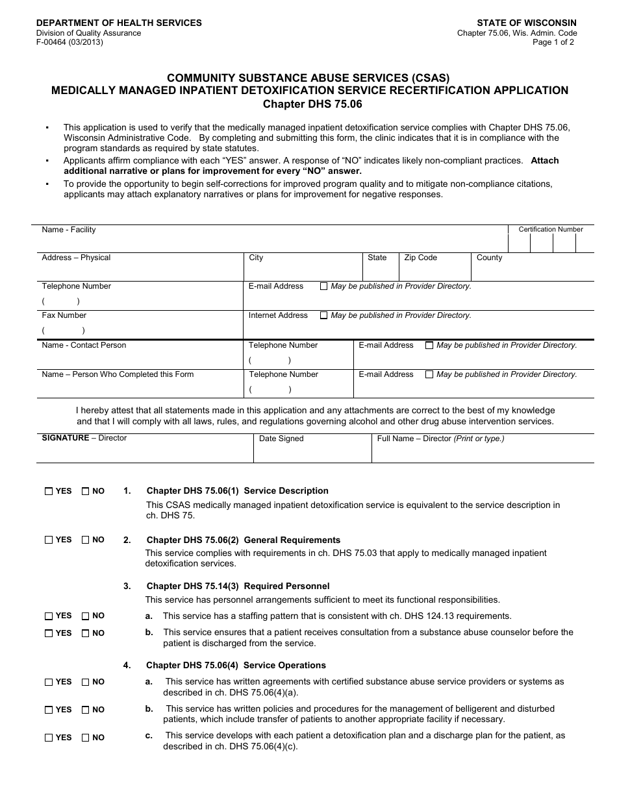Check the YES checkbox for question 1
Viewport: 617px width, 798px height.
49,491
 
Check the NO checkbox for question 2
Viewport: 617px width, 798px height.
85,540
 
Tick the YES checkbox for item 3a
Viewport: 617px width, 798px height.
49,616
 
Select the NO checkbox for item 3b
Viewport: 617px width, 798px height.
85,633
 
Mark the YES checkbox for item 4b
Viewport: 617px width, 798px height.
49,710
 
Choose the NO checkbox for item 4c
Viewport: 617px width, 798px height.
85,738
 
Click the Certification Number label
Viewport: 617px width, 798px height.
550,230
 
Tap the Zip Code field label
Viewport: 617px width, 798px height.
420,258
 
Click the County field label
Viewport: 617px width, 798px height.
489,258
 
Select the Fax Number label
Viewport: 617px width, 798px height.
64,315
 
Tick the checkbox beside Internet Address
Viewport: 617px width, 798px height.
323,315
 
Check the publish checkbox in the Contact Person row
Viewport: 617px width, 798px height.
429,345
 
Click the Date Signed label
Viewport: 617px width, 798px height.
281,439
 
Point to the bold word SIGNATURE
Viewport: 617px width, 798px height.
65,438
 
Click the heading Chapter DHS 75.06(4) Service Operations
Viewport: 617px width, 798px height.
236,665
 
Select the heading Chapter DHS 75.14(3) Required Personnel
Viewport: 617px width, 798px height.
238,586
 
